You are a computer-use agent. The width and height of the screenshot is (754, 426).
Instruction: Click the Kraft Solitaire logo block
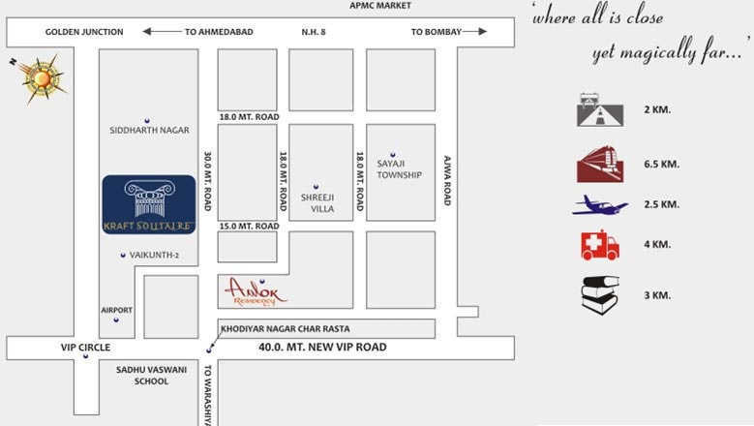point(149,204)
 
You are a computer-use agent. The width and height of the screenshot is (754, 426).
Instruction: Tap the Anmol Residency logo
point(255,291)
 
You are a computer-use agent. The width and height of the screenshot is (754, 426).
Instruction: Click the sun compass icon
point(38,76)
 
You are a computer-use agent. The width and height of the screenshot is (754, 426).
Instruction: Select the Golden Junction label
point(84,32)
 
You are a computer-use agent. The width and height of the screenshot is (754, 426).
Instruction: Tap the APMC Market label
point(380,6)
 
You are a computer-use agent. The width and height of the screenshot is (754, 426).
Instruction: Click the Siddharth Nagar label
point(149,130)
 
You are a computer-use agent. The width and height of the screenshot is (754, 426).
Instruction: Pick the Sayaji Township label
point(399,169)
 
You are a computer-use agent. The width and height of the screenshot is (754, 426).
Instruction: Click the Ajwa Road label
point(447,180)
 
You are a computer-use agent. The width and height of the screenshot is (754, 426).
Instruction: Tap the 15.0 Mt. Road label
point(249,226)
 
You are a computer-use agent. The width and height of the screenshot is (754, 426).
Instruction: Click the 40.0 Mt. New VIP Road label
point(322,348)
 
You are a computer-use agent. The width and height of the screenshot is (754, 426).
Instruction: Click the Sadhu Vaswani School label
point(142,375)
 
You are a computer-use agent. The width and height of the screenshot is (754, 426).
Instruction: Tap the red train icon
point(600,164)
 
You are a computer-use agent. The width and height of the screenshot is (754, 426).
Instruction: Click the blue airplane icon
point(600,205)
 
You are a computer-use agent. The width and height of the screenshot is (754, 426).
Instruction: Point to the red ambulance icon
point(600,245)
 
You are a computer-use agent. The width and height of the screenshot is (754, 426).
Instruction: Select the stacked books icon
point(600,294)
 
